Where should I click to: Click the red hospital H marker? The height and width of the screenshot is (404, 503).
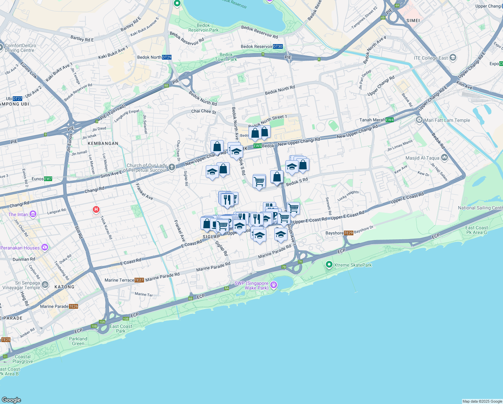pyautogui.click(x=96, y=210)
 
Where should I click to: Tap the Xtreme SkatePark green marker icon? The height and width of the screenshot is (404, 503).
pyautogui.click(x=329, y=265)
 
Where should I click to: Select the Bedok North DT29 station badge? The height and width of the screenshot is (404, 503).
pyautogui.click(x=167, y=57)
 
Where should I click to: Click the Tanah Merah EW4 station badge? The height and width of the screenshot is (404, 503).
pyautogui.click(x=390, y=120)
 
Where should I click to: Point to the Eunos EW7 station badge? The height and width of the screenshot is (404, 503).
pyautogui.click(x=48, y=179)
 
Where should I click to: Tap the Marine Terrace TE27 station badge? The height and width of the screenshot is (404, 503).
pyautogui.click(x=139, y=280)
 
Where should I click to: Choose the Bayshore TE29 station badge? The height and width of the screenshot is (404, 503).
pyautogui.click(x=349, y=233)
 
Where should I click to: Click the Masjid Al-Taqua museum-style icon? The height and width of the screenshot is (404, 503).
pyautogui.click(x=444, y=158)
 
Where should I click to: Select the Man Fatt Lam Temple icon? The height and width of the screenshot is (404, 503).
pyautogui.click(x=419, y=120)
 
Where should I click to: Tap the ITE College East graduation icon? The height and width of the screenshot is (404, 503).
pyautogui.click(x=453, y=58)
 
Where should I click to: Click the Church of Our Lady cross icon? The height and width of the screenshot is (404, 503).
pyautogui.click(x=172, y=167)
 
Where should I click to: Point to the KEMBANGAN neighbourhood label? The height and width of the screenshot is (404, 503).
pyautogui.click(x=103, y=143)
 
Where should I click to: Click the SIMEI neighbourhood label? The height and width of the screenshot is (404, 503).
pyautogui.click(x=413, y=21)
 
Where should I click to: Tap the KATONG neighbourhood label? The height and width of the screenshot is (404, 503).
pyautogui.click(x=64, y=287)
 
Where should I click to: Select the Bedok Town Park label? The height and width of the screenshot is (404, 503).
pyautogui.click(x=226, y=57)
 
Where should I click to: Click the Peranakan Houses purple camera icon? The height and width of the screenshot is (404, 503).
pyautogui.click(x=44, y=248)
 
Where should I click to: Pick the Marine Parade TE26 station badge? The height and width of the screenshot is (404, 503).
pyautogui.click(x=74, y=306)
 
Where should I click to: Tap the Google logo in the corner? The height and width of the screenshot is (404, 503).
pyautogui.click(x=11, y=400)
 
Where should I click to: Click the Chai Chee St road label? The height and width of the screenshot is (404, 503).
pyautogui.click(x=204, y=111)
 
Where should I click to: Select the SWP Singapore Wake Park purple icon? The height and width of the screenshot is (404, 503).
pyautogui.click(x=274, y=285)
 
